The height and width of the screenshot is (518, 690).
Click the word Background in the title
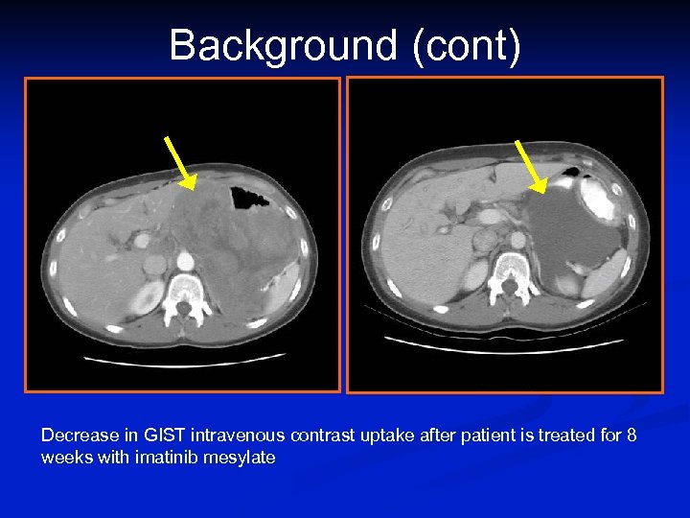coord(283,45)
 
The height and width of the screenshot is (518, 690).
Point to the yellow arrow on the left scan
coord(180,163)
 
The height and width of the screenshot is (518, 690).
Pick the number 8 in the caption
coord(631,436)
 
